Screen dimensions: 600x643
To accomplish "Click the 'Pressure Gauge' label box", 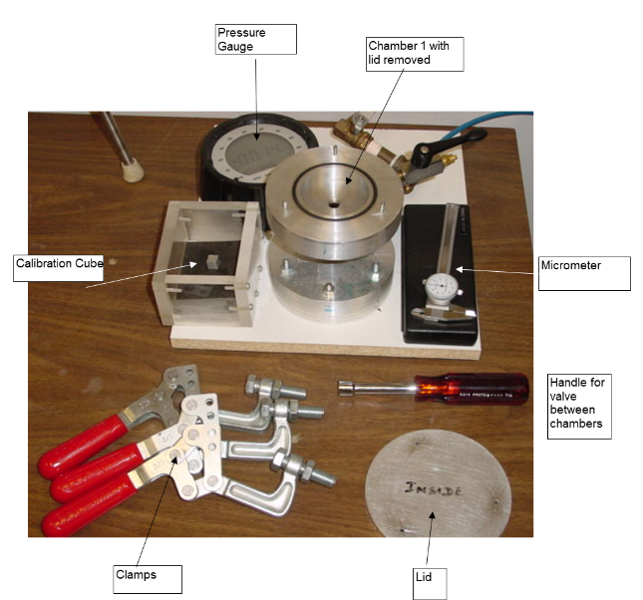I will coord(255,39).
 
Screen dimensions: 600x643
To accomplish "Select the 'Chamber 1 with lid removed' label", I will coord(414,54).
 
